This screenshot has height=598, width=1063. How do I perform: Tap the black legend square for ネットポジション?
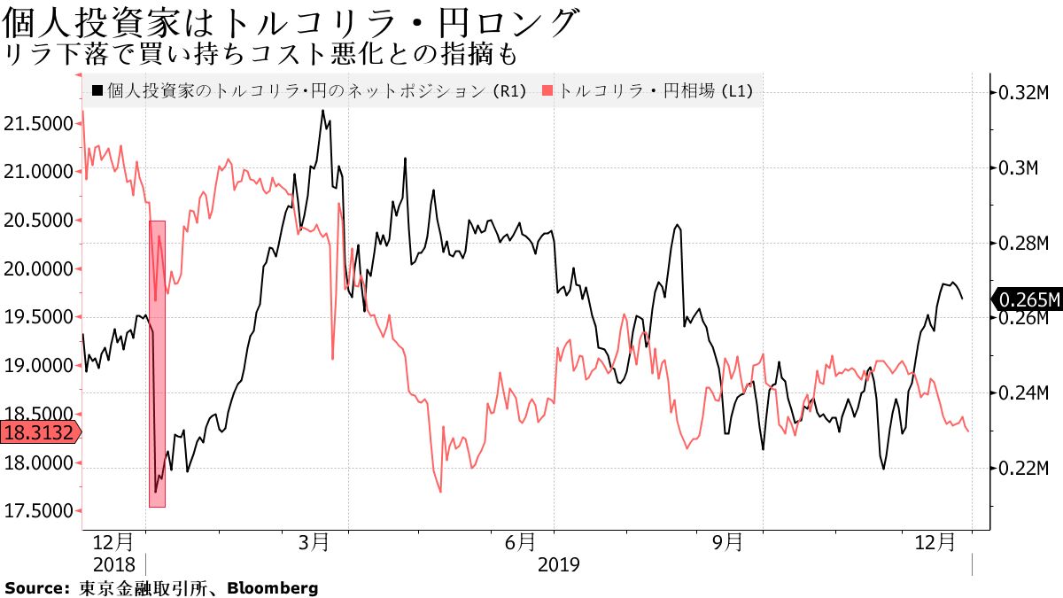click(97, 90)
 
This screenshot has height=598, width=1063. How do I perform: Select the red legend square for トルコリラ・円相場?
click(548, 90)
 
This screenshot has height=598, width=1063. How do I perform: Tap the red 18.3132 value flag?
click(39, 432)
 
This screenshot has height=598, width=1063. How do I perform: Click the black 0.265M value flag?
click(1027, 299)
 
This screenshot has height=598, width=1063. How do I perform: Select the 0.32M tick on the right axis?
click(1024, 93)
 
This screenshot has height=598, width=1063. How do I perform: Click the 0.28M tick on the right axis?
click(1024, 243)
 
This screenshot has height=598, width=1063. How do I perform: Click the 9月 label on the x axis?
click(728, 541)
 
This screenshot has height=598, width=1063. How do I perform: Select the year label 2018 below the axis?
click(113, 564)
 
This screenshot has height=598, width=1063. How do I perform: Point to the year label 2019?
click(559, 564)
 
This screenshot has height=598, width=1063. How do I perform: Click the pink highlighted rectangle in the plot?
click(157, 363)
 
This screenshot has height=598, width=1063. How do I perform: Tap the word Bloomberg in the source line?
click(272, 587)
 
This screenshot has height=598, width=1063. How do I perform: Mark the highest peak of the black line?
click(322, 111)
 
